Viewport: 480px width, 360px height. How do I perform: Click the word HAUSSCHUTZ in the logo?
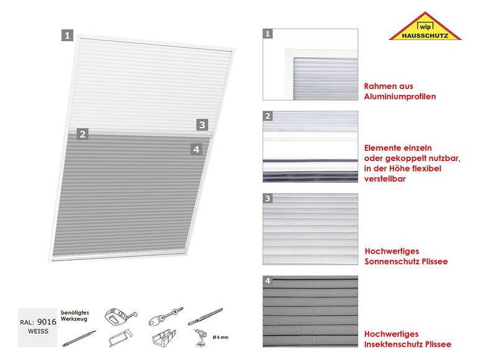[425, 35]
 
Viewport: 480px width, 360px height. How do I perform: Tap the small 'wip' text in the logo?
[425, 27]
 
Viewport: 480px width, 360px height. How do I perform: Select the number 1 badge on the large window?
[67, 35]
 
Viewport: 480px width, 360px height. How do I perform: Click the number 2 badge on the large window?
[83, 134]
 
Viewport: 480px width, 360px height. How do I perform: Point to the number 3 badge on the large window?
[202, 124]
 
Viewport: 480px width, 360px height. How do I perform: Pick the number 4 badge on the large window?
[196, 149]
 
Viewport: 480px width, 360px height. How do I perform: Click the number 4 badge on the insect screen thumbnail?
[268, 280]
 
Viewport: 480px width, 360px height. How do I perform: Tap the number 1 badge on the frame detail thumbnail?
[268, 34]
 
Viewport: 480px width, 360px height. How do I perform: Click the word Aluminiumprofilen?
[400, 97]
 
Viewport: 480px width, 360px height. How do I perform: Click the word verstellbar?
[385, 179]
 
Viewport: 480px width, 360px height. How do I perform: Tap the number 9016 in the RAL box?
[47, 321]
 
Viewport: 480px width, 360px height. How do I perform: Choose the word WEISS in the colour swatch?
[38, 331]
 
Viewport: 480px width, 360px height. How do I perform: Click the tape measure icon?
[120, 317]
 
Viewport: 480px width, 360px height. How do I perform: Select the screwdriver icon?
[165, 316]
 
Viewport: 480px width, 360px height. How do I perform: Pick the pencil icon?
[79, 339]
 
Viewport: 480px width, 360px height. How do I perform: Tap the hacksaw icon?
[120, 338]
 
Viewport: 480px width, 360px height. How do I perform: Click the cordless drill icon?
[200, 338]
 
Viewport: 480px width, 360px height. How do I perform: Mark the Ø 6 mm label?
[220, 338]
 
